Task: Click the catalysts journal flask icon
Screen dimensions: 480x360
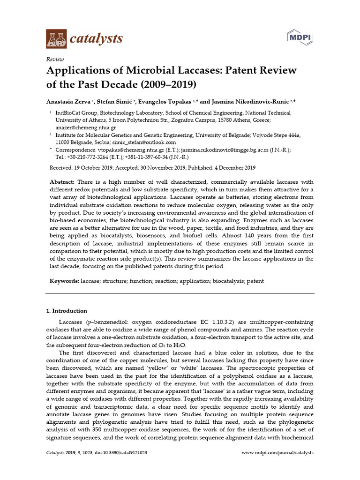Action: point(56,38)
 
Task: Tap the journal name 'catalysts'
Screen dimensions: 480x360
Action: point(96,38)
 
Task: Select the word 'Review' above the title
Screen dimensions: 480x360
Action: point(55,59)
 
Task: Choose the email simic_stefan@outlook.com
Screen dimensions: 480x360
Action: point(147,142)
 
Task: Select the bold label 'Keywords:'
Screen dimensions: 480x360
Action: point(65,281)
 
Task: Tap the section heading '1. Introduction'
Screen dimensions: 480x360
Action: point(66,311)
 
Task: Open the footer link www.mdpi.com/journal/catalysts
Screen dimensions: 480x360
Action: point(277,453)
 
